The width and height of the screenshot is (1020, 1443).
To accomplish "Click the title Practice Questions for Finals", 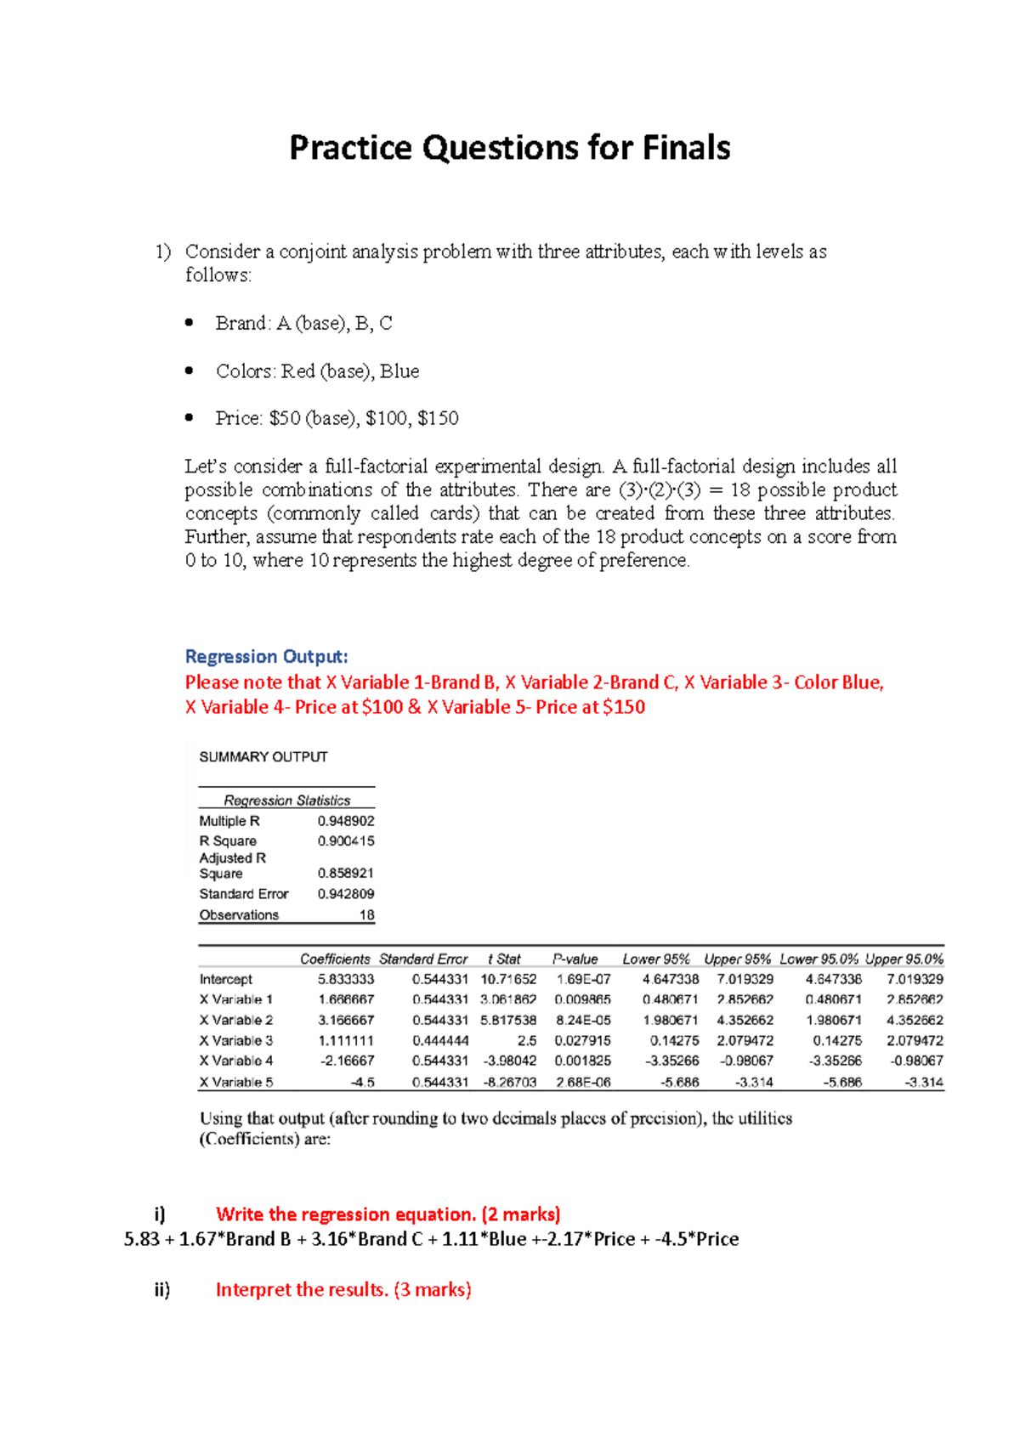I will tap(509, 148).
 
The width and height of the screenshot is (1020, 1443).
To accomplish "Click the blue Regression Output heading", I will tap(266, 657).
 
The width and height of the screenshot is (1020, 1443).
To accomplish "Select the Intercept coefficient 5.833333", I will tap(346, 979).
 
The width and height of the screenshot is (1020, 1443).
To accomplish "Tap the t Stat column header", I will tap(504, 959).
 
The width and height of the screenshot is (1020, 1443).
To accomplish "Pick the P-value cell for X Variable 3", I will tap(582, 1040).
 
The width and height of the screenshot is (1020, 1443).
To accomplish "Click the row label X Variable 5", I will tap(236, 1082).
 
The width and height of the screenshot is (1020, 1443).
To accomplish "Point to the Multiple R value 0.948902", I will tap(346, 821).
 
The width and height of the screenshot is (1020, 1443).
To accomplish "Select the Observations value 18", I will tap(366, 915).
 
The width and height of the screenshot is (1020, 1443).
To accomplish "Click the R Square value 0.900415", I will tap(346, 840).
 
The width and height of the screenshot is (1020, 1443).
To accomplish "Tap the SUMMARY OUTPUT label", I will tap(263, 756).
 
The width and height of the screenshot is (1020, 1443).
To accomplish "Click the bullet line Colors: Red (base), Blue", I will tap(317, 371).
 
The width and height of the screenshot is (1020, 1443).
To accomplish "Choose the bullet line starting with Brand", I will tap(303, 324).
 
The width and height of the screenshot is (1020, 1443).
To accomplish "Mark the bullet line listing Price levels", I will tap(337, 418).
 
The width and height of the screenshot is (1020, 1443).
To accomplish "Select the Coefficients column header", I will tap(335, 959).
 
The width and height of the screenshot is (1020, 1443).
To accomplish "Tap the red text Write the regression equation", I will tap(388, 1214).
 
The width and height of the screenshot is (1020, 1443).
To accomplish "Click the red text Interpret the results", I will tap(343, 1289).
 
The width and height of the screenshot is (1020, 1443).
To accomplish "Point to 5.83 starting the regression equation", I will tap(142, 1239).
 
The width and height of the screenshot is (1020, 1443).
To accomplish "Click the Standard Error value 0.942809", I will tap(346, 894).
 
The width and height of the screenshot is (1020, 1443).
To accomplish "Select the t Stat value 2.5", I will tap(526, 1040).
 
